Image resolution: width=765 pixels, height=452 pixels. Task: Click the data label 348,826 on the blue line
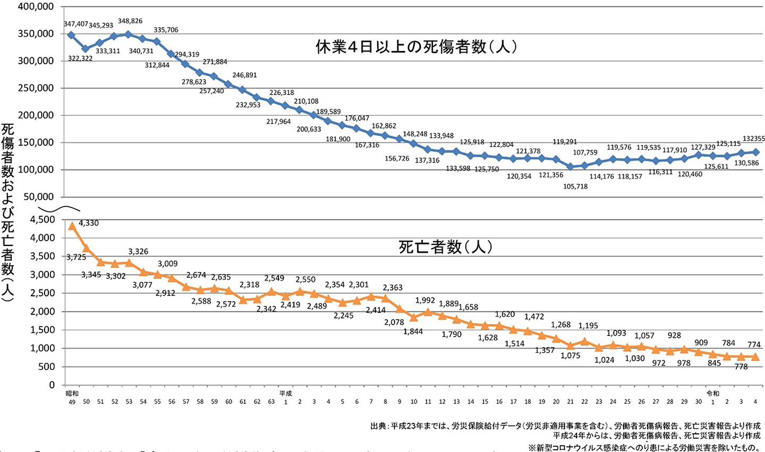130,21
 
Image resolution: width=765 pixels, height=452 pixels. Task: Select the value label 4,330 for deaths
89,223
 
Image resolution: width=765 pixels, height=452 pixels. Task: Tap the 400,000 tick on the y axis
36,6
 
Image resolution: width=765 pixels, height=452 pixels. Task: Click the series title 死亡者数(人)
445,247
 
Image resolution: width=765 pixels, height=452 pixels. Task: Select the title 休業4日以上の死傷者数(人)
416,47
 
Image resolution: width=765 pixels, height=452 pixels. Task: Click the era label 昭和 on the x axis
72,394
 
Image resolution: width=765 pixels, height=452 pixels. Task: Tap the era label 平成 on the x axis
286,394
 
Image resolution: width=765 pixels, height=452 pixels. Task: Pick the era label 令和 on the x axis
712,394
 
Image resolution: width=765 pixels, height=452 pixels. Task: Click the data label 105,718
575,186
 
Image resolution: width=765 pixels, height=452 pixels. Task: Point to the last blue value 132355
753,139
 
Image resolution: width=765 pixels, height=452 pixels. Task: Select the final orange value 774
754,344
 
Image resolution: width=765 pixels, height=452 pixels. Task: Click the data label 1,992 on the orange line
425,301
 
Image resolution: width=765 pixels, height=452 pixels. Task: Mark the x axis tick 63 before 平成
271,402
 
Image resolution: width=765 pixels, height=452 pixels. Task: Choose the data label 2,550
305,279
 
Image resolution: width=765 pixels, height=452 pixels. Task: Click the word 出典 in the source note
379,426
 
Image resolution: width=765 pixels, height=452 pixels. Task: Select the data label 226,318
282,92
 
